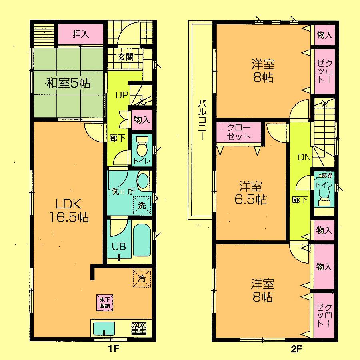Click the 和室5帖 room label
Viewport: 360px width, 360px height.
pyautogui.click(x=68, y=83)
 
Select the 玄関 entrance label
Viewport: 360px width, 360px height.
pyautogui.click(x=125, y=57)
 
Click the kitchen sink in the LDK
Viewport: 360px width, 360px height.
pyautogui.click(x=104, y=328)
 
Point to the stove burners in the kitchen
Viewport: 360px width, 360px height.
pyautogui.click(x=138, y=328)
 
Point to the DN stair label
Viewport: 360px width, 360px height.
pyautogui.click(x=304, y=157)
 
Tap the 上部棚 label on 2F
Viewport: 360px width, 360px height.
pyautogui.click(x=325, y=175)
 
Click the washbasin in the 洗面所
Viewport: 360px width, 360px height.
pyautogui.click(x=142, y=182)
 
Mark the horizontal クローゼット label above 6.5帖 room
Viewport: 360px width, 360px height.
pyautogui.click(x=239, y=132)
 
